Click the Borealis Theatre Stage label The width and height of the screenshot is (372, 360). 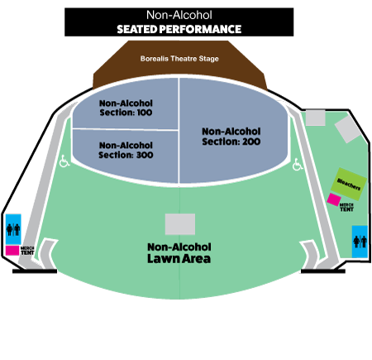pos(179,59)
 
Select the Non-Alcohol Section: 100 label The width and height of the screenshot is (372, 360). pos(126,108)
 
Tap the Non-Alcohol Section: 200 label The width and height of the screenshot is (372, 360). pos(231,137)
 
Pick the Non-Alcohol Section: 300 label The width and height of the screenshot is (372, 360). pos(126,150)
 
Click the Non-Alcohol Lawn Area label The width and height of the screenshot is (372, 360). pos(179,253)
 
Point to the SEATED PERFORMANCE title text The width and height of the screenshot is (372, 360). pos(179,29)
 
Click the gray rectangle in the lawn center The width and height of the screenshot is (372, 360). pos(180,224)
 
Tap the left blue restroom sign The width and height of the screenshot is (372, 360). pos(13,229)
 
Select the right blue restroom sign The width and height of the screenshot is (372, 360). pos(360,242)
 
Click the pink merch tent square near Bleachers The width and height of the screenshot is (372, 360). pos(334,199)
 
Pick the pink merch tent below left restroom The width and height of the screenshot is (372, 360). pos(12,251)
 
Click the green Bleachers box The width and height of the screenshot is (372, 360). pos(349,184)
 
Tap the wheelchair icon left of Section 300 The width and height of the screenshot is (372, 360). pos(64,161)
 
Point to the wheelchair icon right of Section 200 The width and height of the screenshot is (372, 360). pos(298,165)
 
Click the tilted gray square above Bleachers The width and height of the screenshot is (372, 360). pos(348,129)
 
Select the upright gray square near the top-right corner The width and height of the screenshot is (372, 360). pos(316,118)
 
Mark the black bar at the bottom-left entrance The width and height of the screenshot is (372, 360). pos(35,271)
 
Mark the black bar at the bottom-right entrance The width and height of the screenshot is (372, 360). pos(323,271)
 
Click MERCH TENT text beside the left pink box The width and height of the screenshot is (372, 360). pos(27,251)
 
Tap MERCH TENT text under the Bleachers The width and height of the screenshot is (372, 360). pos(346,208)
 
